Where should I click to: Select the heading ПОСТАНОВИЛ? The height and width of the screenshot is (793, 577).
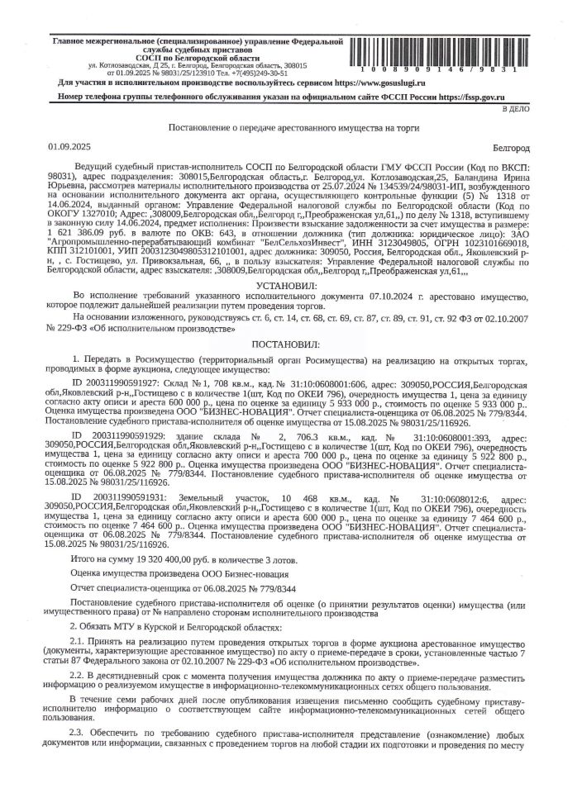pyautogui.click(x=288, y=342)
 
